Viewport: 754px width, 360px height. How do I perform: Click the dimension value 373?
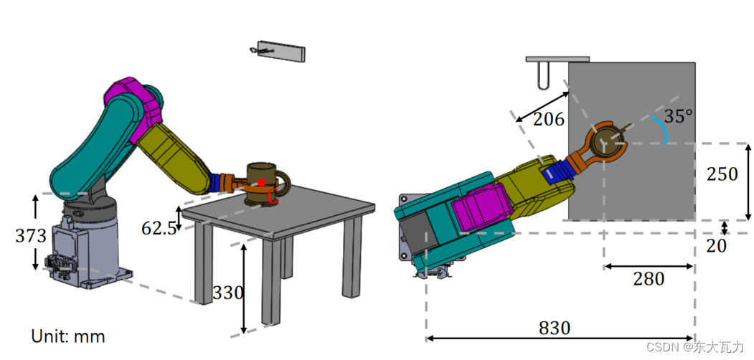31,236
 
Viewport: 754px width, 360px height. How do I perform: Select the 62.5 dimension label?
159,228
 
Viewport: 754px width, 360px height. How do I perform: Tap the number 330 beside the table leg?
228,292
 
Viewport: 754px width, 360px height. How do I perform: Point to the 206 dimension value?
549,119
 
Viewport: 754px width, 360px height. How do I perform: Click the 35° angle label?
679,116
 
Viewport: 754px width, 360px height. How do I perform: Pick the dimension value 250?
722,174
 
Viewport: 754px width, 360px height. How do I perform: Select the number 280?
649,279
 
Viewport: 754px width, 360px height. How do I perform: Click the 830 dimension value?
555,328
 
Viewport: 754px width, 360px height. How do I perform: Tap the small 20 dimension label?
716,245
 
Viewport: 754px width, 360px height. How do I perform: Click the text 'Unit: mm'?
68,336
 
